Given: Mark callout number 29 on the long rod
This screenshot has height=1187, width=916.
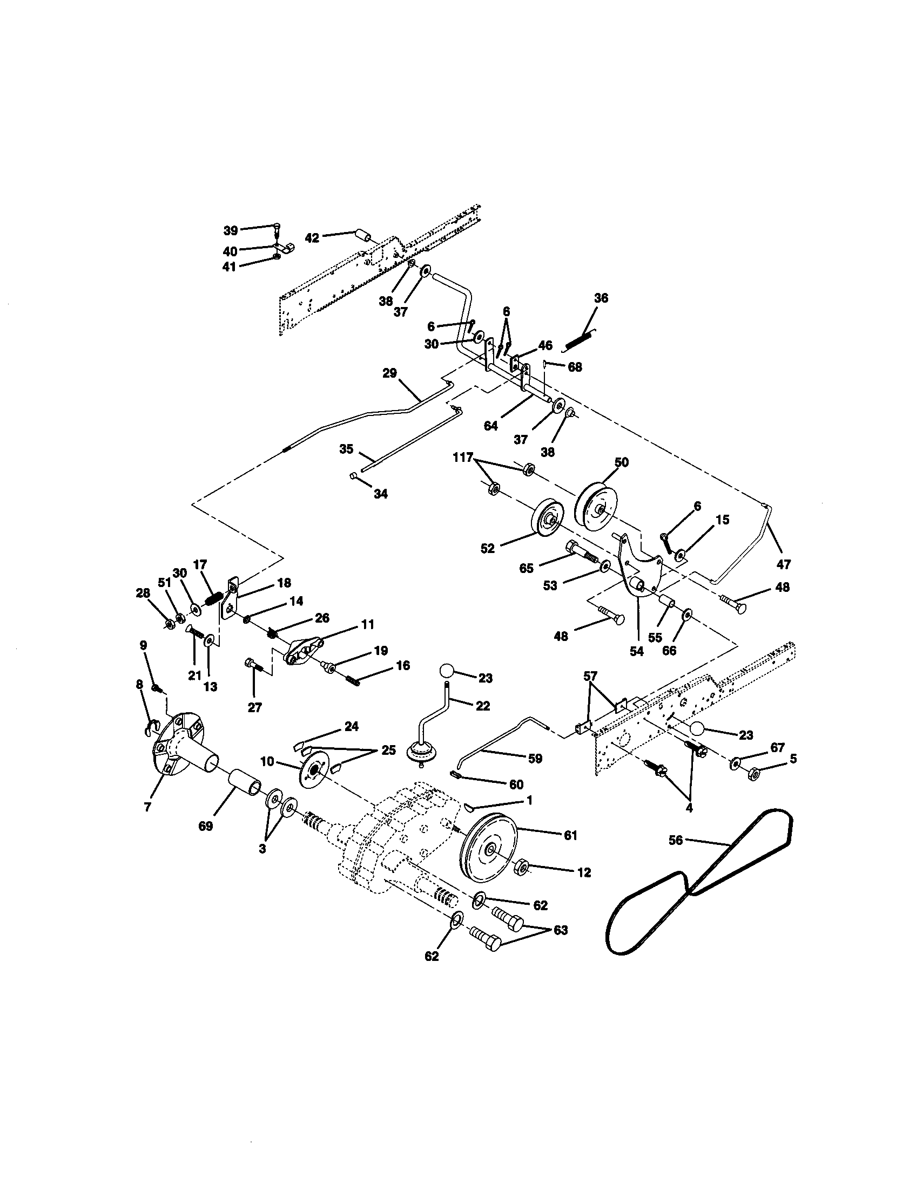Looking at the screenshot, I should click(x=389, y=373).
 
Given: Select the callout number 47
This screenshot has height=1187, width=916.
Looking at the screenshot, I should click(x=783, y=565).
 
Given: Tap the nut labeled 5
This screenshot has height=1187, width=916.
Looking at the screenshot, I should click(x=754, y=773).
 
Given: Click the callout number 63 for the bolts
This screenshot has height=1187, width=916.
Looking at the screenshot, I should click(x=560, y=930).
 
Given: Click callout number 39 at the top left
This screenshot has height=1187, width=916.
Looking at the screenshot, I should click(x=231, y=230).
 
